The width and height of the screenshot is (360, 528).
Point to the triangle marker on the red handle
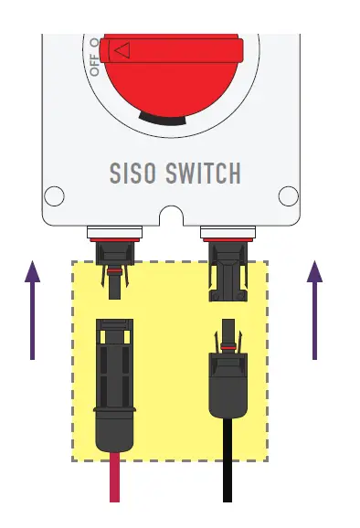point(120,49)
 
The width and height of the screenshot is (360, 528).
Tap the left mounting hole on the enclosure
point(55,195)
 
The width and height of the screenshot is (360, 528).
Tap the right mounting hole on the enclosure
point(288,195)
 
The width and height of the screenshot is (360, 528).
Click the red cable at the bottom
point(114,480)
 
